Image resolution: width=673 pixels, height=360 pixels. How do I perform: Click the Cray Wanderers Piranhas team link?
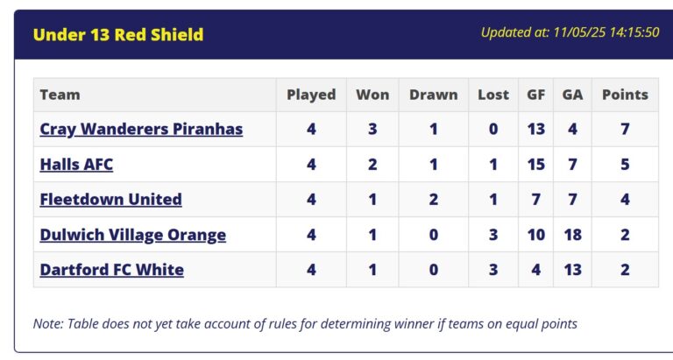pos(141,129)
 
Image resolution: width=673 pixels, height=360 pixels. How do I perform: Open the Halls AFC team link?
pos(76,165)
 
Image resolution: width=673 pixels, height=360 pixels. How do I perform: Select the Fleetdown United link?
pos(110,199)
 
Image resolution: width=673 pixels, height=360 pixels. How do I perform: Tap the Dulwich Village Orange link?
pos(133,235)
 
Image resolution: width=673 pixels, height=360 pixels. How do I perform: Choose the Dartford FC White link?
pos(112,270)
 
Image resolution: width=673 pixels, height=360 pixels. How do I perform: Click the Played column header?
pos(311,95)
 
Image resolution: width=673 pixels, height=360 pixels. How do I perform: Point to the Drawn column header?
pos(434,95)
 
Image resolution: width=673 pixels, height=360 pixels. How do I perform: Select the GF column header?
pos(536,95)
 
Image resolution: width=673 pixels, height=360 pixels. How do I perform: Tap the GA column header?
pos(572,95)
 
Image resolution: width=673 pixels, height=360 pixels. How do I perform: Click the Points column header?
pos(625,95)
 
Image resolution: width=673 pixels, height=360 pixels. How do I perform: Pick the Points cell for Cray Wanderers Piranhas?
pos(625,129)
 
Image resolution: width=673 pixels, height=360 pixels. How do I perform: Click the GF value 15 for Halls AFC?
pos(536,165)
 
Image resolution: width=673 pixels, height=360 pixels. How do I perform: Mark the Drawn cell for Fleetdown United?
pos(434,199)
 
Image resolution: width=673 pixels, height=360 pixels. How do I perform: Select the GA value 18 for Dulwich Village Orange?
pos(572,235)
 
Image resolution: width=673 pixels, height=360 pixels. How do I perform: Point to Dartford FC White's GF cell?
pos(536,270)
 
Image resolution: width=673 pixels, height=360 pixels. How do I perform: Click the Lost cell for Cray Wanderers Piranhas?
pos(493,129)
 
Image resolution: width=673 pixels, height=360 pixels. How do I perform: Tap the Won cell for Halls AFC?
pos(372,165)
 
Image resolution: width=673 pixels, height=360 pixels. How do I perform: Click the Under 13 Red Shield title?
pos(118,35)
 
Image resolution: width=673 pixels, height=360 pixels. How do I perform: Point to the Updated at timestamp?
pos(570,32)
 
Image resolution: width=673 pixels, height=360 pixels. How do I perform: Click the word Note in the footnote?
pos(47,323)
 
